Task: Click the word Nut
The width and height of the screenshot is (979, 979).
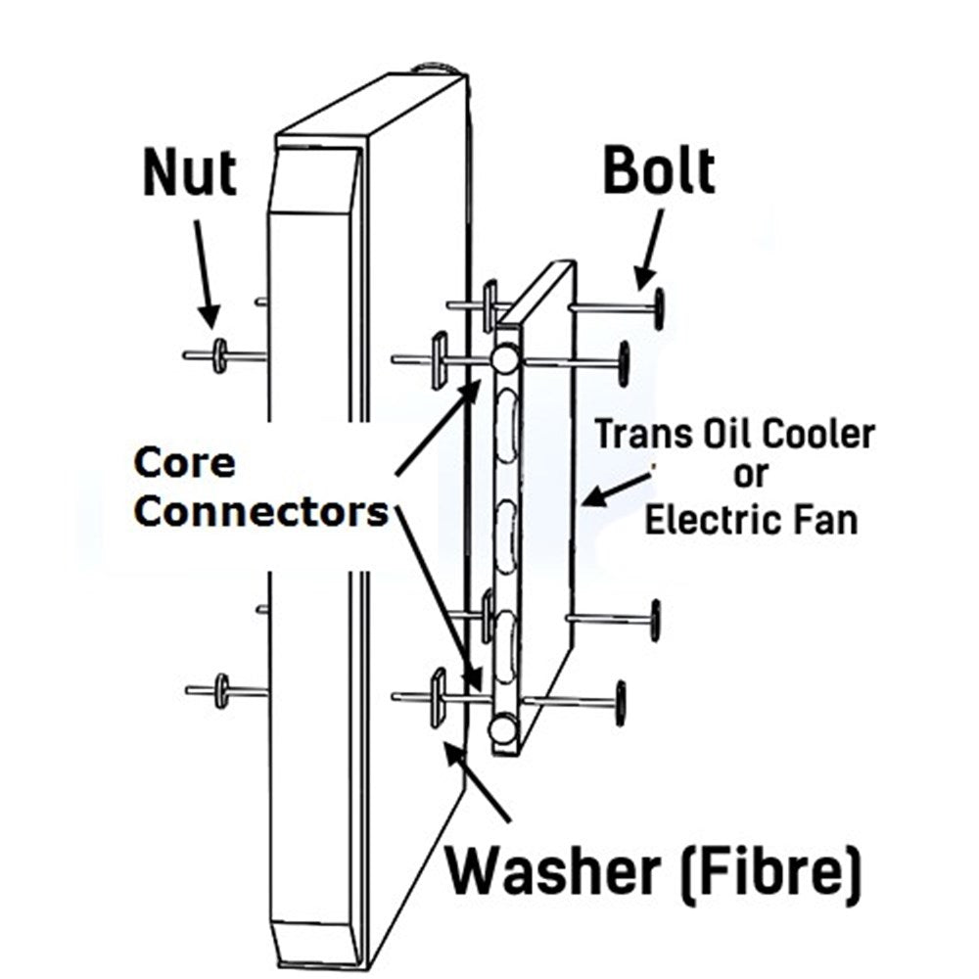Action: coord(190,174)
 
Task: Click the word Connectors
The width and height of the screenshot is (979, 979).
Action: coord(260,511)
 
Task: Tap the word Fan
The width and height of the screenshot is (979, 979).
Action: coord(829,519)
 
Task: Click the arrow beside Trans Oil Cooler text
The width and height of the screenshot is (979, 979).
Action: coord(615,489)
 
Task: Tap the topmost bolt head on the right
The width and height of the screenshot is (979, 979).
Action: coord(660,306)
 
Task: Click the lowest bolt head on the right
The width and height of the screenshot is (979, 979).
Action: coord(620,703)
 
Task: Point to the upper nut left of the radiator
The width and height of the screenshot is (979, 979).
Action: coord(219,354)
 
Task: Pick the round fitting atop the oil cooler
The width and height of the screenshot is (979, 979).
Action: coord(506,359)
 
